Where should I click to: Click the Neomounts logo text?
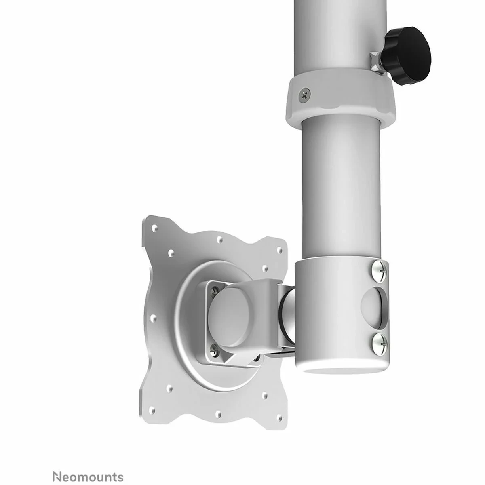[x=73, y=464]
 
